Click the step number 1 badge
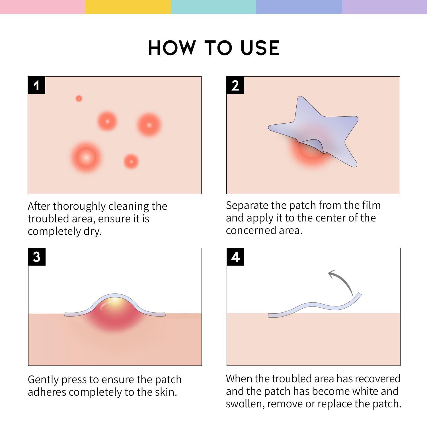click(x=36, y=85)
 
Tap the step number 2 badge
click(x=235, y=85)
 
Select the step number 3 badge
click(x=37, y=257)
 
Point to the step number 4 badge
click(x=235, y=257)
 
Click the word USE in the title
click(x=260, y=48)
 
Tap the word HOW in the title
click(x=172, y=48)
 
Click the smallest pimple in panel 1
click(x=79, y=98)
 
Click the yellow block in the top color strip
click(x=128, y=7)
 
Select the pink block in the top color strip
click(x=43, y=7)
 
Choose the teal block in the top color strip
click(x=213, y=7)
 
